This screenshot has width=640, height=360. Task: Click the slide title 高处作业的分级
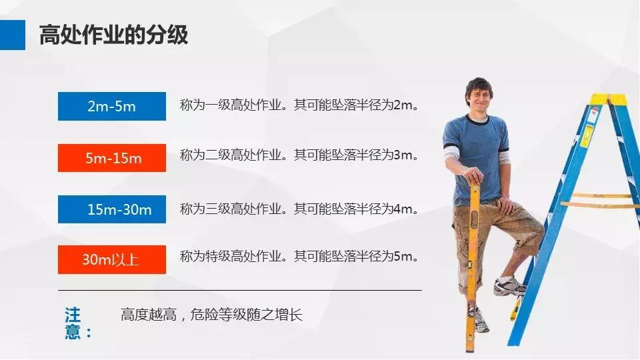pos(113,35)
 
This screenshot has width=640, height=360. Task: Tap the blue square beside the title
pos(12,35)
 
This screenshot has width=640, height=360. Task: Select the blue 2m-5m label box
pos(111,106)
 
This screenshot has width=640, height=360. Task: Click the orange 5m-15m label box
pos(111,158)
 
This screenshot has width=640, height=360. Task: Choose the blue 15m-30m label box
pos(111,209)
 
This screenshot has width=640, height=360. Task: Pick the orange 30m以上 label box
pos(111,259)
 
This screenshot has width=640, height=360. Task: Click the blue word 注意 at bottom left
pos(73,323)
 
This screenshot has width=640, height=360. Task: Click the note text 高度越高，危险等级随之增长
pos(211,315)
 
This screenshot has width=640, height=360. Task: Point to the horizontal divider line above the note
pos(239,290)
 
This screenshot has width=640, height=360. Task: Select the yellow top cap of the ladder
pos(608,99)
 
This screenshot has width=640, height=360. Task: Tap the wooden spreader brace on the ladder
pos(597,201)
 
